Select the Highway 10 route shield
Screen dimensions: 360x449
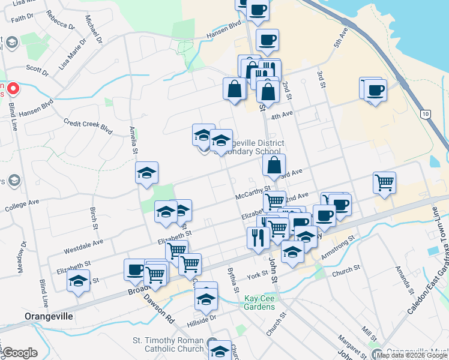point(426,114)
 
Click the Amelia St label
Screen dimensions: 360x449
point(133,139)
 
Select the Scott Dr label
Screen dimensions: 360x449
point(37,71)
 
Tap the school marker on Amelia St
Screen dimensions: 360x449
point(146,173)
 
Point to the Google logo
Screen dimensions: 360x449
point(20,353)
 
